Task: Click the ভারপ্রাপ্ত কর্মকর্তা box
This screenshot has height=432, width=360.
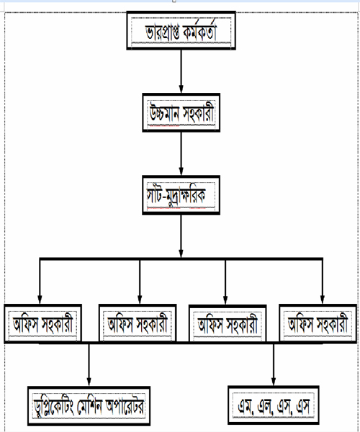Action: (x=181, y=30)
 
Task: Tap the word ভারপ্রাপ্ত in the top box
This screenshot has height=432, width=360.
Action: (x=162, y=32)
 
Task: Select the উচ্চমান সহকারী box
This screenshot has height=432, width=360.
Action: (x=181, y=113)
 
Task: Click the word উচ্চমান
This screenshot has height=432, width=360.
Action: (x=164, y=114)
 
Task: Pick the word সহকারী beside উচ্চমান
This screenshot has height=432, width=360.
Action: (x=198, y=113)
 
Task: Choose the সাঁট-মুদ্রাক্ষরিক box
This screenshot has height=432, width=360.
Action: (x=181, y=195)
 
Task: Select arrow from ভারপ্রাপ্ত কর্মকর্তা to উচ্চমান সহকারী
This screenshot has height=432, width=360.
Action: (x=181, y=71)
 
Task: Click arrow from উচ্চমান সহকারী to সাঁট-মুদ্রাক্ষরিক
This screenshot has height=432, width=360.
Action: (x=181, y=154)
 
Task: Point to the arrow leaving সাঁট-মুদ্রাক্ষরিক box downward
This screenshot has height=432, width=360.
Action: (x=181, y=236)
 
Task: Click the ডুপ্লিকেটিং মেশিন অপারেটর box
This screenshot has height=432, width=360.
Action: (x=89, y=406)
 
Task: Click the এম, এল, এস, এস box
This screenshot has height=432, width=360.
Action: (x=274, y=405)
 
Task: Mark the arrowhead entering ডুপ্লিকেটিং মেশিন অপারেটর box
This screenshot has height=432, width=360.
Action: (x=89, y=382)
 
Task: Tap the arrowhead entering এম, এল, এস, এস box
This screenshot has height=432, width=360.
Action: (x=274, y=382)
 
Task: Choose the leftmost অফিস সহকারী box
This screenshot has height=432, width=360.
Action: (x=43, y=323)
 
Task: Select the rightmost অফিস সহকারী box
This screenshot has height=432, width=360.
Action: (x=318, y=323)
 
